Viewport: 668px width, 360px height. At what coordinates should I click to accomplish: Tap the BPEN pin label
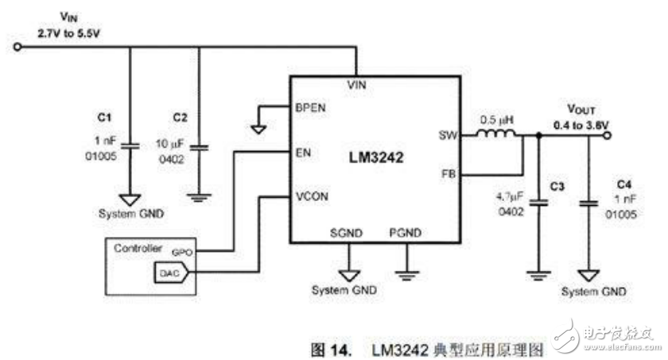[x=309, y=107]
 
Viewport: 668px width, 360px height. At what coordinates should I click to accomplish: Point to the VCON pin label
[x=309, y=195]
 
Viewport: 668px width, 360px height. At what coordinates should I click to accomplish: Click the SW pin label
[x=447, y=136]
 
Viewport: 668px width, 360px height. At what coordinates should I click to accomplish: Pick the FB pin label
[x=449, y=174]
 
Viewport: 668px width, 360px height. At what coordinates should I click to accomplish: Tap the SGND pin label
[x=346, y=233]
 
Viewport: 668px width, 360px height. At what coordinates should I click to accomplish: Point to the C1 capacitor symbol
[x=133, y=145]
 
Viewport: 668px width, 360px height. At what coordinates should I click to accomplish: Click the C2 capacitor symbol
[x=200, y=146]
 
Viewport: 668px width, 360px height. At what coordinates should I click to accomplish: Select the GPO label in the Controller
[x=183, y=251]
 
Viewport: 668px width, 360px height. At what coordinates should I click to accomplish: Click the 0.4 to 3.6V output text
[x=581, y=125]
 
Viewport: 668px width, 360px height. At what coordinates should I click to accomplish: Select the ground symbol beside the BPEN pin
[x=259, y=126]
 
